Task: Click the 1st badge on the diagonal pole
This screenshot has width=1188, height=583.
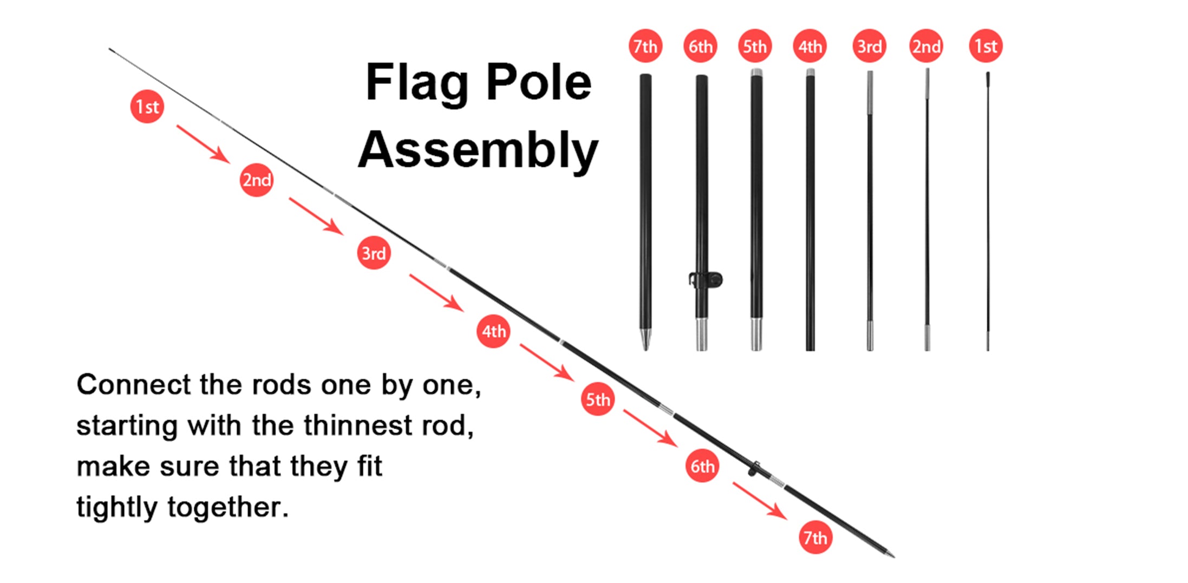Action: pos(147,107)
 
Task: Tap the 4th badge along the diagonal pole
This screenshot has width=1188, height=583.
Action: pos(493,331)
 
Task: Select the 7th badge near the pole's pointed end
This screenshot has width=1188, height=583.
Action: pos(815,538)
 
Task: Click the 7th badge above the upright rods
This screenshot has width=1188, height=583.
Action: pos(645,46)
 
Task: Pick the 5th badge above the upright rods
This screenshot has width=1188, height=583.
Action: pos(755,46)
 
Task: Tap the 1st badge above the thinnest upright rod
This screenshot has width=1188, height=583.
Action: pos(985,46)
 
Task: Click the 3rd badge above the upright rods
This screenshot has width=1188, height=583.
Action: pos(869,46)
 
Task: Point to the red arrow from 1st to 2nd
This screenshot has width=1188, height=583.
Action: pos(203,144)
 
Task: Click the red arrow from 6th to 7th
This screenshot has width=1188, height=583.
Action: pos(760,501)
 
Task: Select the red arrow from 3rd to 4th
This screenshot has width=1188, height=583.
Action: pos(436,293)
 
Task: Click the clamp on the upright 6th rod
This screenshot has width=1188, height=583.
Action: pos(707,280)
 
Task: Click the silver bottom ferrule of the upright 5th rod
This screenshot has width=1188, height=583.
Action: pos(756,334)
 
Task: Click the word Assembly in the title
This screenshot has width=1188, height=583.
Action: pos(478,150)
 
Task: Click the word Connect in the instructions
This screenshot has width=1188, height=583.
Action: pos(133,385)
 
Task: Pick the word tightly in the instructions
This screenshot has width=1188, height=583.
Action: pos(116,508)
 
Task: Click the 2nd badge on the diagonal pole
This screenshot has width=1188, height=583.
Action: pos(256,180)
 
